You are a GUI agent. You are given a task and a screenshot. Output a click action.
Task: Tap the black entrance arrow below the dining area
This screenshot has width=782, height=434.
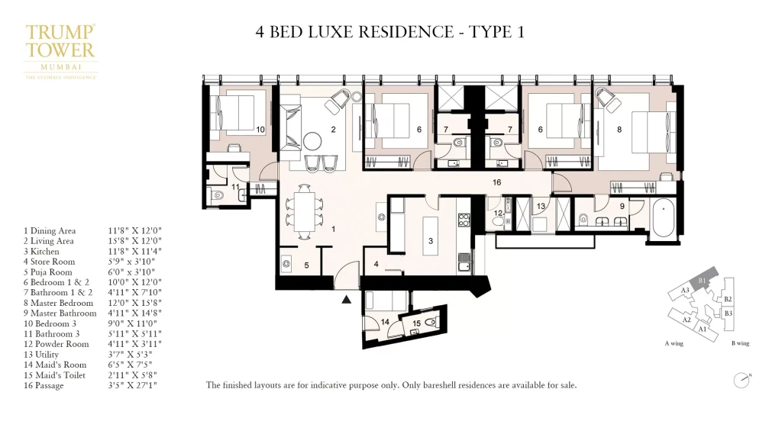click(347, 299)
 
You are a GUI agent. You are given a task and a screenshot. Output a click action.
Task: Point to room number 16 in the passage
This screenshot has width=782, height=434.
click(496, 183)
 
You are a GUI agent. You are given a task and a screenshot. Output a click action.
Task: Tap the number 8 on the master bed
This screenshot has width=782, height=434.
click(619, 130)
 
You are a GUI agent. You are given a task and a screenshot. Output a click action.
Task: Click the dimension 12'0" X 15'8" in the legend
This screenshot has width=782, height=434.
click(137, 302)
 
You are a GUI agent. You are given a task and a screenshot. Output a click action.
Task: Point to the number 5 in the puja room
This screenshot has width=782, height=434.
click(306, 265)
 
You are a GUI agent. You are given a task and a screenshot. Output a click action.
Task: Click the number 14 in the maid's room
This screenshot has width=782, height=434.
click(385, 322)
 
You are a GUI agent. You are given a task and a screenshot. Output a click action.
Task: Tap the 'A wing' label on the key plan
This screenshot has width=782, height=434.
click(674, 343)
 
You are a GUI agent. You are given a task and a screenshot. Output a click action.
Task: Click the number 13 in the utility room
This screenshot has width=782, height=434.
click(540, 207)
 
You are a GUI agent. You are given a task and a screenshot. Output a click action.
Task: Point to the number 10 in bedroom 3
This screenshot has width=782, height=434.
click(260, 130)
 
